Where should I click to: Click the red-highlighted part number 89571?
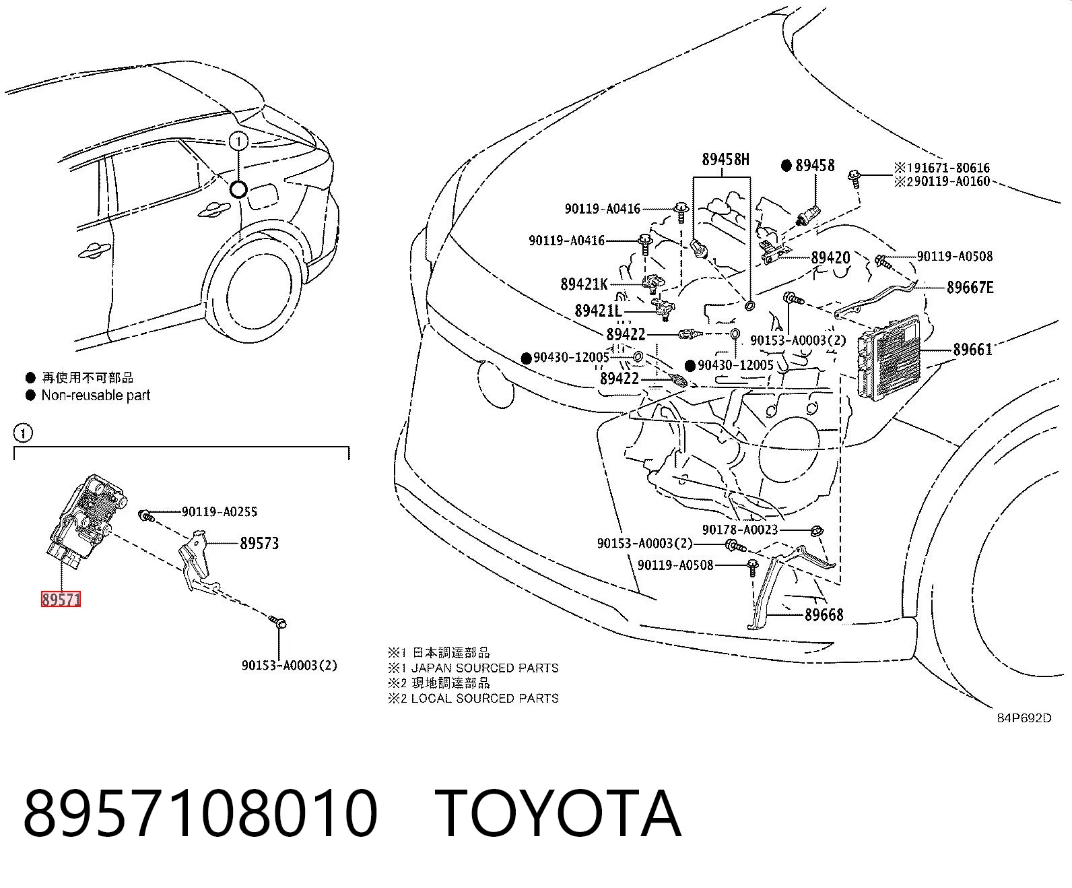[x=61, y=599]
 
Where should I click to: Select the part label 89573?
[x=259, y=543]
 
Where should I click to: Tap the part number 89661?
[x=972, y=350]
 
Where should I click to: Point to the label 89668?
[x=824, y=614]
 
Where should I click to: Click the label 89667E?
[x=970, y=287]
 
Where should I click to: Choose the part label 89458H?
[x=725, y=160]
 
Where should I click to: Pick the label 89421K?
[x=584, y=284]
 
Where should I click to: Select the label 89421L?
[x=598, y=311]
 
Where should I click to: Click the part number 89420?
[x=831, y=257]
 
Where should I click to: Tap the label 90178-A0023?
[x=740, y=530]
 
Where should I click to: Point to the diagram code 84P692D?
[x=1024, y=718]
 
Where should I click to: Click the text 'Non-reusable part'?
[x=96, y=395]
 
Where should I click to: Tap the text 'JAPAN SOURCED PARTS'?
[x=485, y=668]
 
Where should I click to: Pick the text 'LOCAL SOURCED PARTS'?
[x=485, y=699]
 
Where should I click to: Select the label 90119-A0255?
[x=220, y=511]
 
